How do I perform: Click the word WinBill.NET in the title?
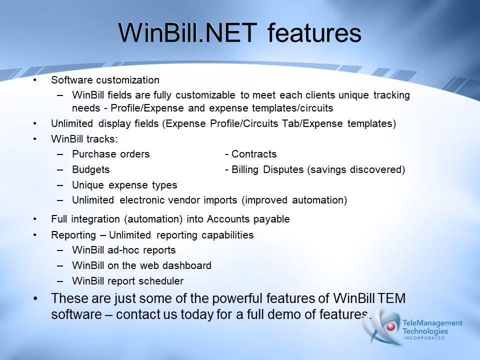187,33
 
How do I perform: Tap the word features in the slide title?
314,33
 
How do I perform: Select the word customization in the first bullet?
127,80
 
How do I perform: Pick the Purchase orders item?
111,154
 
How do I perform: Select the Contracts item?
254,154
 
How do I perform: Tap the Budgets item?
91,169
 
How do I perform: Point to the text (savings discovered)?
356,169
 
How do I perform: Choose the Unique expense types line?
124,185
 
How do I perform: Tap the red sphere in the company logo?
390,326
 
